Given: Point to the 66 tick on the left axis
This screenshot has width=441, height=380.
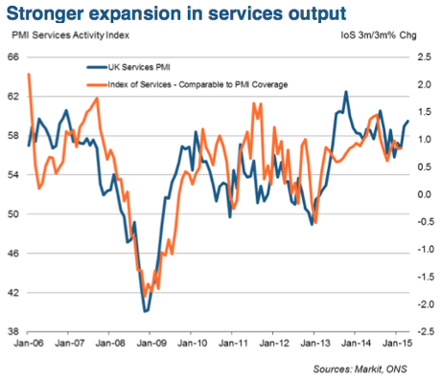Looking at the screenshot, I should click(x=13, y=57).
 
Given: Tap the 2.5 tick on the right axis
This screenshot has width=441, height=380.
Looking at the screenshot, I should click(x=423, y=57).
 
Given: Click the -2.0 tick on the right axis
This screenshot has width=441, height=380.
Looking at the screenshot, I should click(x=421, y=304).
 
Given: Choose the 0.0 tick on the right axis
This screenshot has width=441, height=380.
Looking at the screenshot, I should click(x=423, y=194).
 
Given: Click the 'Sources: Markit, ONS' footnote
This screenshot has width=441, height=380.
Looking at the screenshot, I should click(x=365, y=367).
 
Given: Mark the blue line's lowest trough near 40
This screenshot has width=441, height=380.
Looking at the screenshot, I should click(x=145, y=311).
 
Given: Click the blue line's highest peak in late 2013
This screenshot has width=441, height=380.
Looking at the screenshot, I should click(x=346, y=92).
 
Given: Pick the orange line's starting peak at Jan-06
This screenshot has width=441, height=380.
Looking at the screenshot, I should click(x=30, y=75).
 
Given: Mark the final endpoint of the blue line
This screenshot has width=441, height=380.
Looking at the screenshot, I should click(x=407, y=121).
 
